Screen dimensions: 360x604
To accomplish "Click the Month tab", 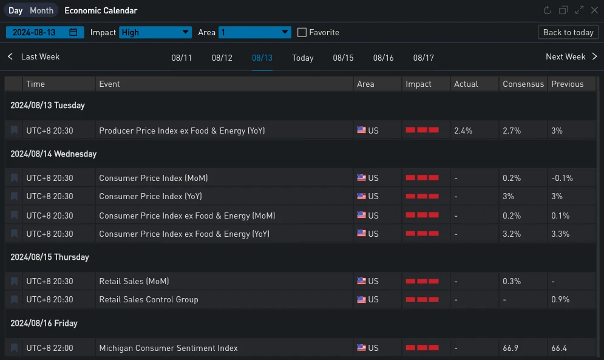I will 41,10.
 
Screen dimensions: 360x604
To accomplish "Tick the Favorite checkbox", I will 302,32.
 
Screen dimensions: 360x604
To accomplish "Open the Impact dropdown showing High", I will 155,32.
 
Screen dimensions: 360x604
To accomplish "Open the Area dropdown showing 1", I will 255,32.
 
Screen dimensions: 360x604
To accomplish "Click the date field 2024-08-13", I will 44,32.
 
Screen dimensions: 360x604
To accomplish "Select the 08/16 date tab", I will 383,58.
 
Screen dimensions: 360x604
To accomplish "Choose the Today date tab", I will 302,58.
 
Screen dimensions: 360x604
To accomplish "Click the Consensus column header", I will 523,84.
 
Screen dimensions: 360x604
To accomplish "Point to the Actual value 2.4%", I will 464,131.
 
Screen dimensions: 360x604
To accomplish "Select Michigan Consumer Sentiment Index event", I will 168,348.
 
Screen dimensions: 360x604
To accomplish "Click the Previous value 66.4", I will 559,348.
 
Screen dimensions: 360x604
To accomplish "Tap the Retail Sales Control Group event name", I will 148,299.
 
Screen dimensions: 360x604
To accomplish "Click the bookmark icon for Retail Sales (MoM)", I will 14,281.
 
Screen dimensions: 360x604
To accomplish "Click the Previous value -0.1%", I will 562,178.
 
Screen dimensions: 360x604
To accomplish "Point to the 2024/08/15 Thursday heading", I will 50,257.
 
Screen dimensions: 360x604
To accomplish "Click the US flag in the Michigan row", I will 362,348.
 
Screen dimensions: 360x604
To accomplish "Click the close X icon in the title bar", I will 594,10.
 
